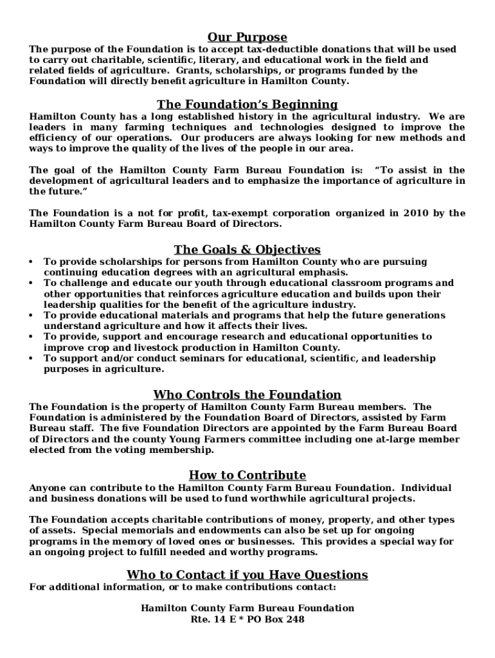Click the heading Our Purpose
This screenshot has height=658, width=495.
(x=247, y=37)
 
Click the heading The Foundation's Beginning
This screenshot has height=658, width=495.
(x=247, y=104)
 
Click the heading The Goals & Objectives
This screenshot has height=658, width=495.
(x=247, y=249)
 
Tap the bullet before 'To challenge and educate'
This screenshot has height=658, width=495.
(x=32, y=283)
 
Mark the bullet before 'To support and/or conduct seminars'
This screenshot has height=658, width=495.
(x=32, y=359)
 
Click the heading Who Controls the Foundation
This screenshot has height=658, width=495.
(x=247, y=395)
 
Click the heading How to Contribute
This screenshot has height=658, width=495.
(x=247, y=476)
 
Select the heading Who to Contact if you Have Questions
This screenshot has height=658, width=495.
(x=247, y=574)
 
